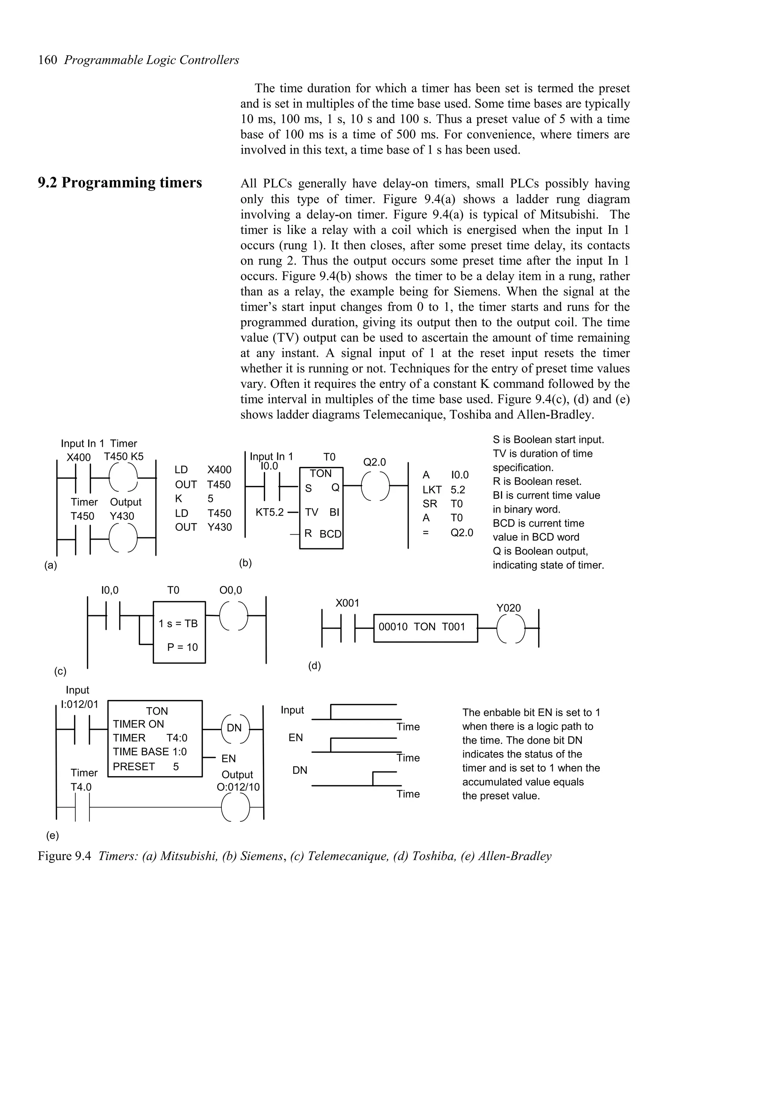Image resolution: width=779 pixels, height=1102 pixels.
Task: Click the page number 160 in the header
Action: click(48, 60)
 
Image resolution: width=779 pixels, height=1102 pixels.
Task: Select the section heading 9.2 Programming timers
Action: click(120, 183)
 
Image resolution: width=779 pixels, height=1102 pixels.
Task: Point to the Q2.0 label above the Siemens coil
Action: click(374, 462)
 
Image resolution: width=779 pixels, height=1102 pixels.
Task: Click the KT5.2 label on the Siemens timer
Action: click(269, 512)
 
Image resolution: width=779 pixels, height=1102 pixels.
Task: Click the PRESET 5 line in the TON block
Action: click(146, 767)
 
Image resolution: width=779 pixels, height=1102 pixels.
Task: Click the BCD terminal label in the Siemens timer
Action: click(330, 534)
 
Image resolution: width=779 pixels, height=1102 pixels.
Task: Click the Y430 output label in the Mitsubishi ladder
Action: click(122, 516)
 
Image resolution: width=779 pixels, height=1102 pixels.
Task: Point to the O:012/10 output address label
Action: click(238, 788)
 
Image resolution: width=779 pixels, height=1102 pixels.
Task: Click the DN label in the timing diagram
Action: click(300, 770)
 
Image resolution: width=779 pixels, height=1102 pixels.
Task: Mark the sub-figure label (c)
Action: click(60, 672)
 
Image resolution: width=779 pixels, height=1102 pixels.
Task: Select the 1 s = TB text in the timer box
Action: click(178, 624)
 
